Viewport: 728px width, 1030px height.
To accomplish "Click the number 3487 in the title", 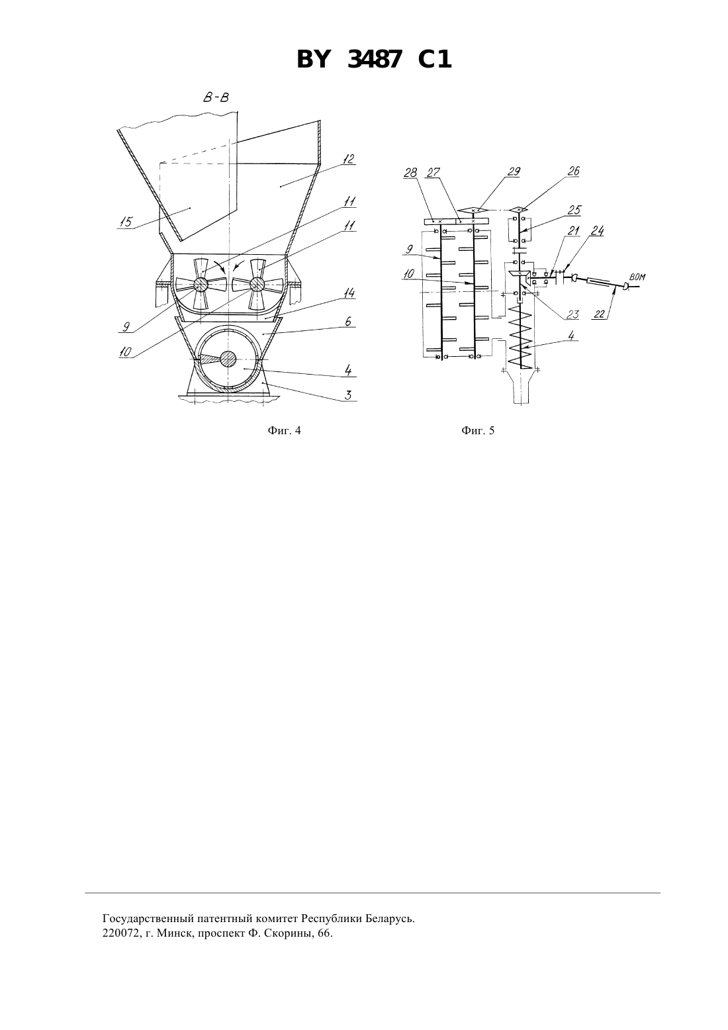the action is click(375, 60).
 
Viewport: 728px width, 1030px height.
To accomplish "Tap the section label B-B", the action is click(216, 98).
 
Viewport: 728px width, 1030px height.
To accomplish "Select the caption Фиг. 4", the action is click(284, 430).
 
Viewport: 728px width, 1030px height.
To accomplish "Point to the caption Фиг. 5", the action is click(478, 430).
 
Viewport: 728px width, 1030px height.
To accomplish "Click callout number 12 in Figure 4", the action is click(348, 159).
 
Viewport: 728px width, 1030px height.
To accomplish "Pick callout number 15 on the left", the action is click(126, 222).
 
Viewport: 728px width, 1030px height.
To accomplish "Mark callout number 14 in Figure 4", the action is click(349, 293).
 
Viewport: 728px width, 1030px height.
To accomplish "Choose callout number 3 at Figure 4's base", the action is click(348, 395).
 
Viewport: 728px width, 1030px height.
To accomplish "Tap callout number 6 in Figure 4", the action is click(348, 321).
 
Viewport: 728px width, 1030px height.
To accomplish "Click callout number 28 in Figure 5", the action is click(410, 172).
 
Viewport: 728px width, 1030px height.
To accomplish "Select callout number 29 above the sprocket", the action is click(514, 171).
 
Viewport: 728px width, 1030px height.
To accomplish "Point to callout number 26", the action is click(574, 171).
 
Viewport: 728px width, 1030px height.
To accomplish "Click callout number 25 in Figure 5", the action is click(574, 210).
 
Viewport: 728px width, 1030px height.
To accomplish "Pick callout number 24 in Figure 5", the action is click(597, 230).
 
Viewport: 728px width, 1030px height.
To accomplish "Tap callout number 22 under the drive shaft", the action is click(599, 314).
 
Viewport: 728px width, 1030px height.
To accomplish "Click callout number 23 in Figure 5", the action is click(572, 315).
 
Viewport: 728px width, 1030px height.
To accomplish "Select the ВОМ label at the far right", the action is click(637, 277).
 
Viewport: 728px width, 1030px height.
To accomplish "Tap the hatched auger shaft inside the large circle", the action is click(228, 359).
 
